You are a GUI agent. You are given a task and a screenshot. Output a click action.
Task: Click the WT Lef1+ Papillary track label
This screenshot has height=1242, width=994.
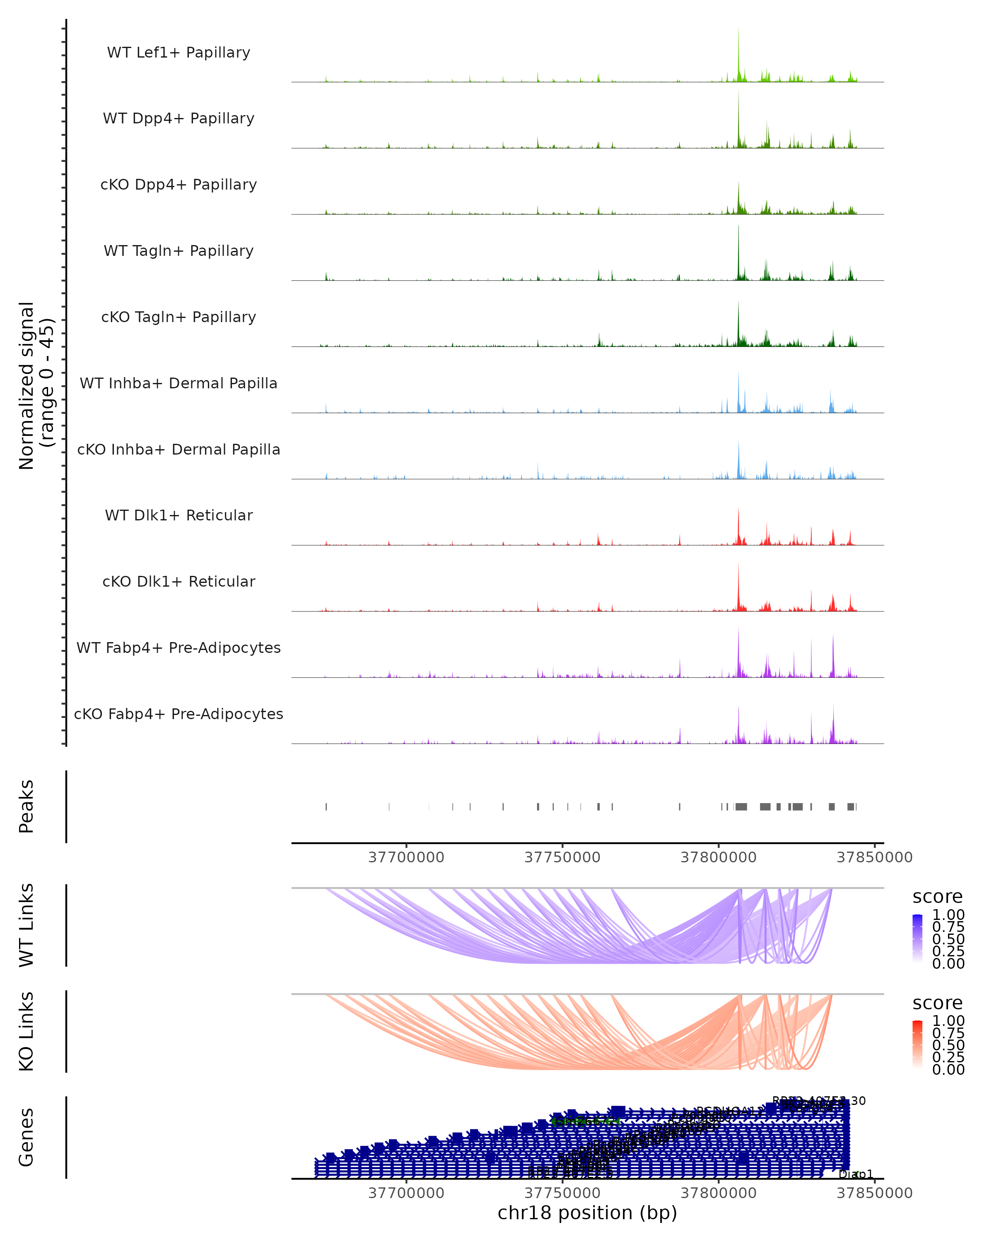tap(179, 53)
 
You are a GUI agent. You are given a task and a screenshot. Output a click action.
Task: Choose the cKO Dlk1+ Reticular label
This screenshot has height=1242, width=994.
tap(179, 581)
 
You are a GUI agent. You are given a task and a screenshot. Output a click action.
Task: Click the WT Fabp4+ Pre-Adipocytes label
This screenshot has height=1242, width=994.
tap(179, 647)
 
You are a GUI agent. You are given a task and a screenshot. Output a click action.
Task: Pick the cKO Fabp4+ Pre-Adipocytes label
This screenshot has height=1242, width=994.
tap(179, 714)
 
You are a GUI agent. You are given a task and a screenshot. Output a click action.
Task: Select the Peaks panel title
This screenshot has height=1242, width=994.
tap(27, 806)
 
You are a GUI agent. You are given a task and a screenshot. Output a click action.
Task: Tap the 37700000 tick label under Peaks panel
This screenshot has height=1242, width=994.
tap(406, 857)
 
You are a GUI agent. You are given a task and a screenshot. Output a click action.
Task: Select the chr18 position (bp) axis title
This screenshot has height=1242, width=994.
tap(587, 1213)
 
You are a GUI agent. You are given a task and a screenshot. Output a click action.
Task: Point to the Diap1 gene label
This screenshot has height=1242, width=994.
tap(856, 1174)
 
